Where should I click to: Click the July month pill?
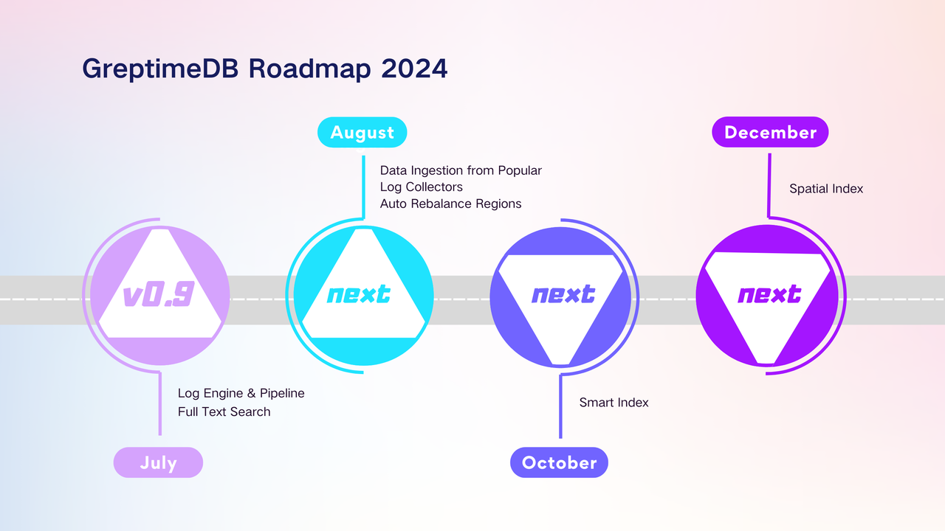tap(158, 462)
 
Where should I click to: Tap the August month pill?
tap(362, 132)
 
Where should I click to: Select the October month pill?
tap(559, 462)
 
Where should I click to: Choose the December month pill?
tap(770, 132)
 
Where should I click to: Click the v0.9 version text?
tap(158, 295)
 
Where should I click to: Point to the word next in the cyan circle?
tap(359, 295)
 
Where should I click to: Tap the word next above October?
tap(563, 295)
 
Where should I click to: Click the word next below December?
tap(769, 295)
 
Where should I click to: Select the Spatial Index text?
tap(826, 189)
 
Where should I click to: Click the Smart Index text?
tap(614, 403)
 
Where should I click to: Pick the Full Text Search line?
tap(224, 412)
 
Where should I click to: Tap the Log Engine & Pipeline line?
tap(241, 393)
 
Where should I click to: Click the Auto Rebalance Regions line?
tap(450, 204)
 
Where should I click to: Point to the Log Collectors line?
tap(421, 187)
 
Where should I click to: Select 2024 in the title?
tap(415, 69)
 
